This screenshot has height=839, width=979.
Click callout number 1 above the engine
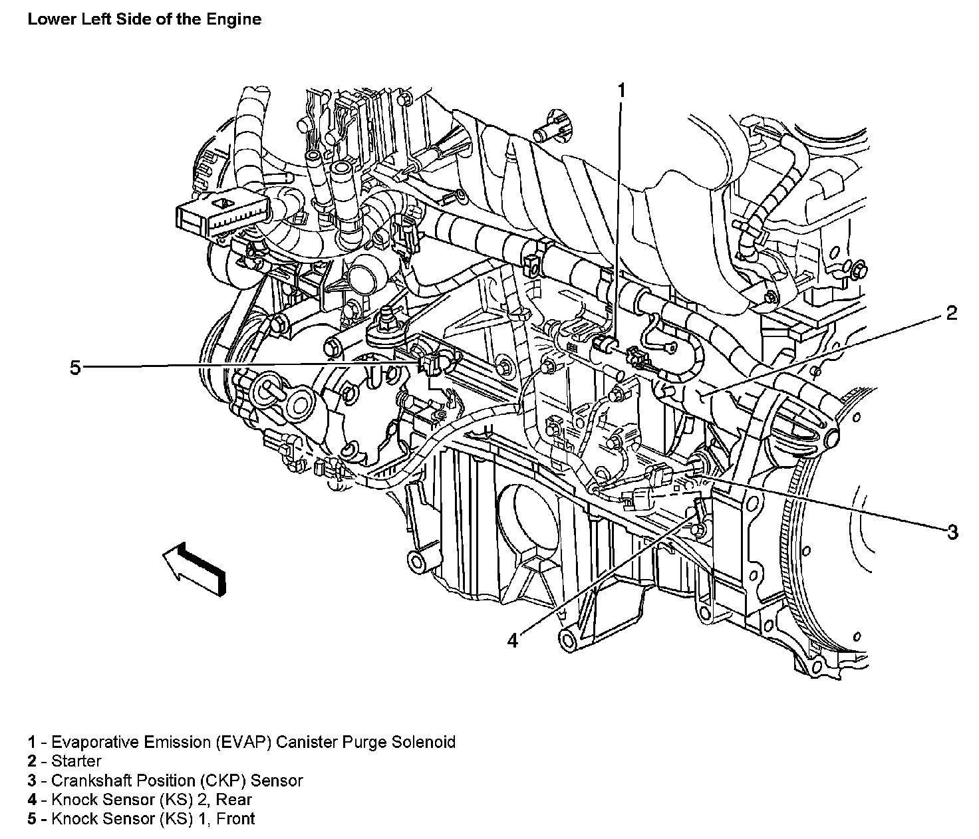(x=622, y=90)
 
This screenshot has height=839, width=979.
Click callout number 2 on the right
(x=951, y=313)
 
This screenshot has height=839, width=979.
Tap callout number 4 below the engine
(x=512, y=640)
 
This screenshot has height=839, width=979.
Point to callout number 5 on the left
(x=75, y=367)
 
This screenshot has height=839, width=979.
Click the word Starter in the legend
(x=76, y=761)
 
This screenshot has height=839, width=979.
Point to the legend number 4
(x=32, y=799)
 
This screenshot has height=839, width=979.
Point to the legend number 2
(x=32, y=761)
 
